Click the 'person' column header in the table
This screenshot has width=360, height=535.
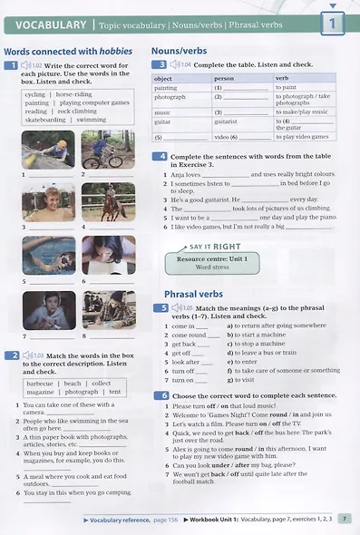click(x=223, y=79)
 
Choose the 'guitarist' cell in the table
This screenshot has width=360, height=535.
click(x=227, y=121)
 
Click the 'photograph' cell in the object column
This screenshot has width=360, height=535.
click(x=170, y=96)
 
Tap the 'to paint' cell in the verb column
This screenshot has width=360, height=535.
click(x=287, y=87)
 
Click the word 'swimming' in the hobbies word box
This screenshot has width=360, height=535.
click(x=91, y=120)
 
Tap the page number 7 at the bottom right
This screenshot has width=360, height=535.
click(x=345, y=520)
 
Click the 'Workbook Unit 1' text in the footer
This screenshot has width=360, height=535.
click(x=217, y=520)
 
